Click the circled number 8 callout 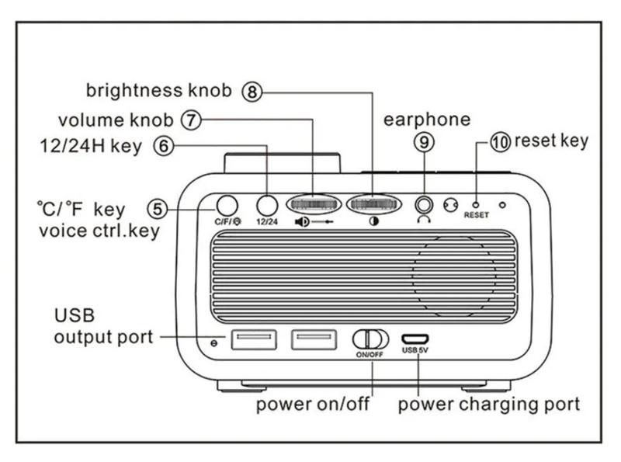(252, 92)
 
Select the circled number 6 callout (163, 146)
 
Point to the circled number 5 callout (158, 208)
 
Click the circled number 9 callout (424, 142)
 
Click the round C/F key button (227, 205)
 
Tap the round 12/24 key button (267, 205)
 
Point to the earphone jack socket (424, 205)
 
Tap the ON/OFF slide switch (370, 339)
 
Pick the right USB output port (314, 339)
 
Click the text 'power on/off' (313, 405)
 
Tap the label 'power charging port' (489, 405)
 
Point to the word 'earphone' (428, 119)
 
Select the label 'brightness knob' (158, 91)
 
